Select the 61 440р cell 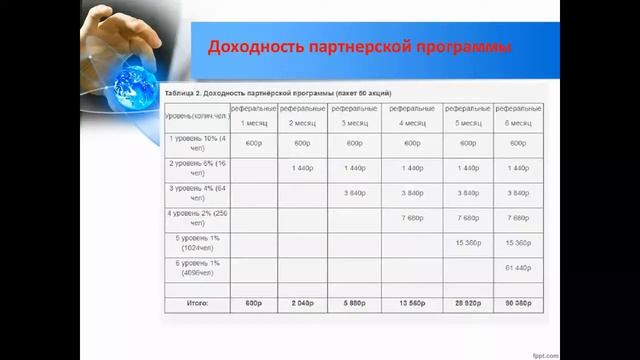(x=518, y=267)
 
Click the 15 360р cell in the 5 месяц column (x=465, y=242)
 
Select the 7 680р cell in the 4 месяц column (x=411, y=216)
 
